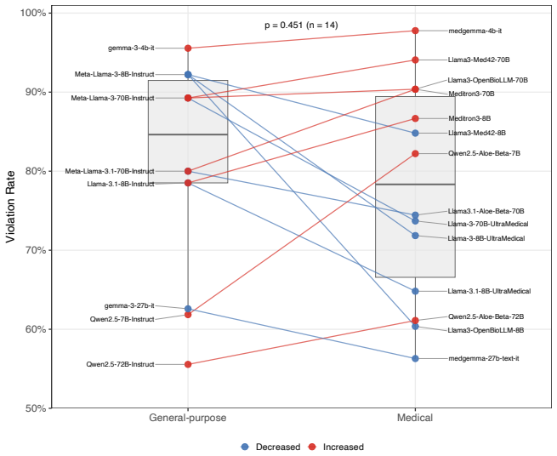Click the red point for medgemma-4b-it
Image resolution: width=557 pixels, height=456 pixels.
coord(415,31)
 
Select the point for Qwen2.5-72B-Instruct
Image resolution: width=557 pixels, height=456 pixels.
coord(188,364)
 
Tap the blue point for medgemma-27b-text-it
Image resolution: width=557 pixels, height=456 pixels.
coord(415,359)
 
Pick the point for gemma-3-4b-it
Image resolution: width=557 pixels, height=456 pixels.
coord(188,48)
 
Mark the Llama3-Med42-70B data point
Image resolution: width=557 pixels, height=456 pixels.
coord(415,60)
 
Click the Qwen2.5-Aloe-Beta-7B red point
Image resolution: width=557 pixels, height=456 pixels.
coord(415,153)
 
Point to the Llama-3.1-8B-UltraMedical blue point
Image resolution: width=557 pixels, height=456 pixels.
coord(415,291)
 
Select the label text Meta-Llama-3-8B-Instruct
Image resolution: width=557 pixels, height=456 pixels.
coord(115,74)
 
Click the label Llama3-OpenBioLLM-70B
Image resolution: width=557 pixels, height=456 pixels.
coord(488,80)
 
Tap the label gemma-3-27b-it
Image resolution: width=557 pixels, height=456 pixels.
coord(129,305)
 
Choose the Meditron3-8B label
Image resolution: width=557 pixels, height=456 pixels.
coord(469,118)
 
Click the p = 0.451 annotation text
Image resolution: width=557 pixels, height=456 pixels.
coord(284,25)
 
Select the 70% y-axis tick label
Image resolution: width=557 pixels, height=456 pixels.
coord(37,250)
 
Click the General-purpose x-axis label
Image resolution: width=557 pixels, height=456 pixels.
coord(188,418)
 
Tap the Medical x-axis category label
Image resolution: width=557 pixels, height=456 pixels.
coord(415,417)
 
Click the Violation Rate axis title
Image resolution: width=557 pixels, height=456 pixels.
coord(11,207)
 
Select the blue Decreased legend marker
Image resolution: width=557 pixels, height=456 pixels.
coord(245,447)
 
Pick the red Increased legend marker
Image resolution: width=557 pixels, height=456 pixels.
coord(312,447)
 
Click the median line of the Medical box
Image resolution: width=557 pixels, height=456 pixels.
coord(415,185)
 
